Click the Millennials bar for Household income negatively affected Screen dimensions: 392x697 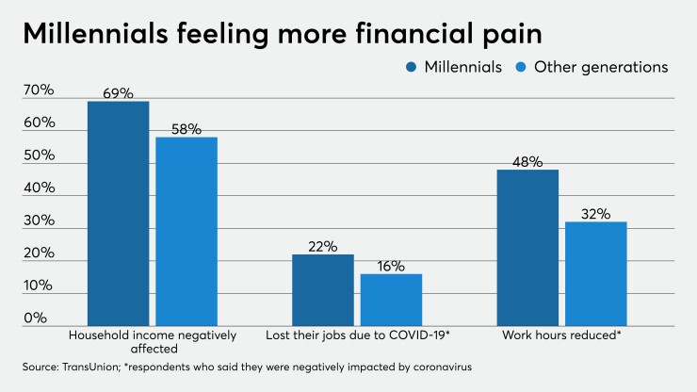coord(118,212)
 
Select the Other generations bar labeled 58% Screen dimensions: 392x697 coord(186,230)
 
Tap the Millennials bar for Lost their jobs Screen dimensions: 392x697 coord(322,288)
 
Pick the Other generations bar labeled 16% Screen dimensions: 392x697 coord(391,298)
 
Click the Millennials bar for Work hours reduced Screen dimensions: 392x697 coord(527,246)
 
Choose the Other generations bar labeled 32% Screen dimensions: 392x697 coord(595,272)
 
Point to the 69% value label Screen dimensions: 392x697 coord(118,93)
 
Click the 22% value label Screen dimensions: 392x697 coord(322,247)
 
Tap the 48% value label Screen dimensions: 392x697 coord(527,162)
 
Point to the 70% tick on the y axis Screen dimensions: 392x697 coord(39,90)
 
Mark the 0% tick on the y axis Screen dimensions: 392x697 coord(35,318)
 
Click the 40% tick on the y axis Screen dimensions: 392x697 coord(39,188)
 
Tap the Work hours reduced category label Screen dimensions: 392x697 coord(561,335)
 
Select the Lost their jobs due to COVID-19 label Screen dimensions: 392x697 coord(357,335)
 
